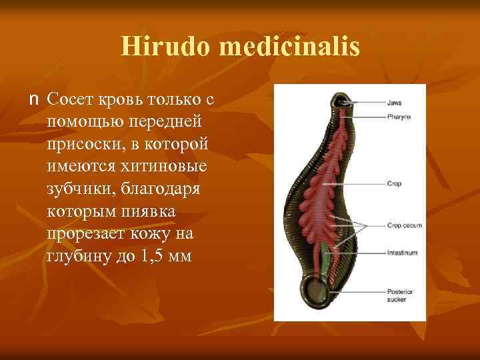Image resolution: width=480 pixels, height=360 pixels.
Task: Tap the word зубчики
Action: (78, 189)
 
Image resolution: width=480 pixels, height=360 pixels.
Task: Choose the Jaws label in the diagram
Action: (394, 103)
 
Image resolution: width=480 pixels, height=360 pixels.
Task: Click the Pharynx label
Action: (397, 117)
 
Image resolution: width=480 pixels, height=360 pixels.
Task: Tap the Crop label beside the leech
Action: (394, 183)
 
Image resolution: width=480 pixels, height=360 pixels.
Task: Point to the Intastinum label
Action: (401, 253)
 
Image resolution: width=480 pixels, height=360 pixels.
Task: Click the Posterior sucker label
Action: (399, 295)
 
